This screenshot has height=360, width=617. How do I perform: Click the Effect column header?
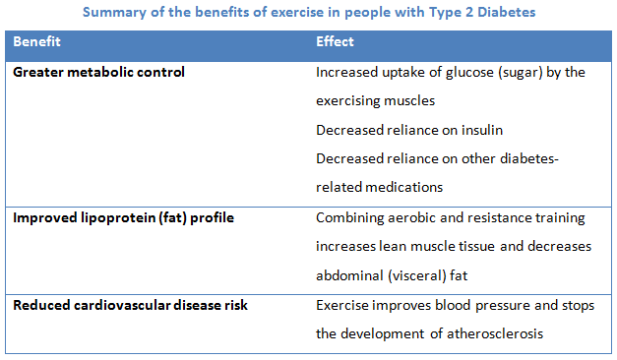(335, 42)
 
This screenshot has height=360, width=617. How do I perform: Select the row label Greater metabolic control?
(98, 73)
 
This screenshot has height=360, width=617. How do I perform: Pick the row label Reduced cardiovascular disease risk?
(130, 306)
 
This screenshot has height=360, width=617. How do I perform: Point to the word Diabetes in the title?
(506, 12)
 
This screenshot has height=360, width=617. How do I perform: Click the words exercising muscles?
(373, 101)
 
